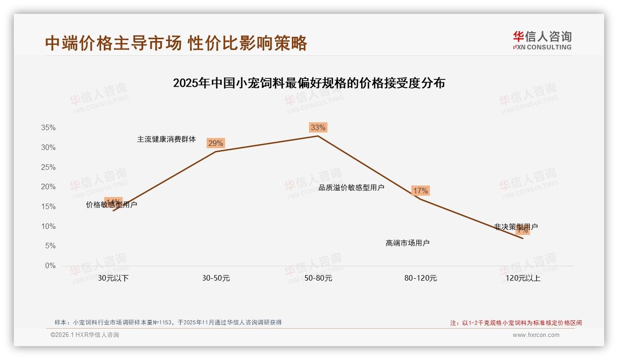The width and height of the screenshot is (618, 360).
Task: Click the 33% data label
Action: point(318,127)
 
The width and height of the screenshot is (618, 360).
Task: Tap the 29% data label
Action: point(215,143)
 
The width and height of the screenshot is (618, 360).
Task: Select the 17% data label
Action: point(420,191)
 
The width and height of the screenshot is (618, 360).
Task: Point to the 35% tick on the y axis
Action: point(48,128)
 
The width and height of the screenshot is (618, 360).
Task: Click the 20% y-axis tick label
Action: point(48,187)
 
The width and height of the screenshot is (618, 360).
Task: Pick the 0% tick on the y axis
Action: point(50,266)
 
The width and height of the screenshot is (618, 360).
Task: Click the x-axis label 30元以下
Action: point(113,278)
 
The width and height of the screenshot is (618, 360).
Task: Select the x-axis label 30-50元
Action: point(216,278)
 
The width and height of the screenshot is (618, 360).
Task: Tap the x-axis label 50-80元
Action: point(318,278)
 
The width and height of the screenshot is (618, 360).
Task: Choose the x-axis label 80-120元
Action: point(421,278)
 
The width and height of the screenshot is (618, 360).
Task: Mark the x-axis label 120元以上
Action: point(523,278)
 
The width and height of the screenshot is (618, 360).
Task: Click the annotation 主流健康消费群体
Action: point(166,139)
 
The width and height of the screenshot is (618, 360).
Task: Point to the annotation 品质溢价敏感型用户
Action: point(351,187)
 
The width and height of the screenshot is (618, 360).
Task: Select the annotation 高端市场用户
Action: point(408,243)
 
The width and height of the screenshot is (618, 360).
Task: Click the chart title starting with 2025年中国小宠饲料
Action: point(309,83)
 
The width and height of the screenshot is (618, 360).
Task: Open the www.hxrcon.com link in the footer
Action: point(536,335)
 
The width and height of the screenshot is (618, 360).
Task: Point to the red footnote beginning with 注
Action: point(516,323)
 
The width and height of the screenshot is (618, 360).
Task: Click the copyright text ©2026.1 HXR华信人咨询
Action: point(85,335)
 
